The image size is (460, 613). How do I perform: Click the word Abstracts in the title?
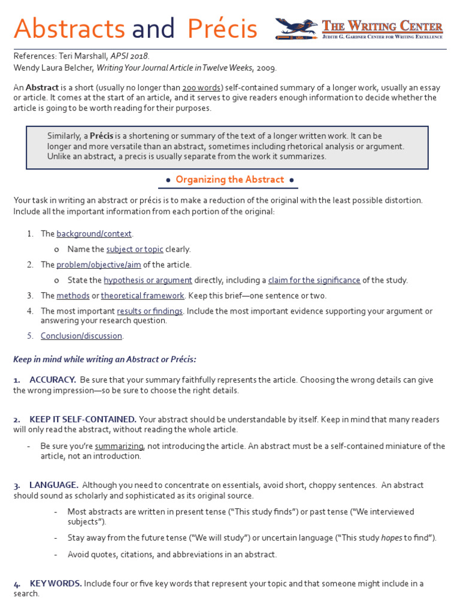tap(69, 28)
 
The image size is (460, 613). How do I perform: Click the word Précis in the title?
tap(222, 28)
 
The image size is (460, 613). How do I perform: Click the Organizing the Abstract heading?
tap(230, 180)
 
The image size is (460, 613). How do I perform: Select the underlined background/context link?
tap(94, 233)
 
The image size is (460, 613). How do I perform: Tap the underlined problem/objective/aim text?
tap(98, 265)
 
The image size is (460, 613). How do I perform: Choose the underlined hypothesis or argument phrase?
tap(148, 280)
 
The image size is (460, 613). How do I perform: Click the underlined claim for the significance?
tap(314, 280)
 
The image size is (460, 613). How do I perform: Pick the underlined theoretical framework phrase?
tap(143, 296)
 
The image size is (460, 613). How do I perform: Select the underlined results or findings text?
tap(150, 311)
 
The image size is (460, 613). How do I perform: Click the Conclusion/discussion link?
tap(81, 336)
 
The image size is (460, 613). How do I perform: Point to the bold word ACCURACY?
tap(53, 380)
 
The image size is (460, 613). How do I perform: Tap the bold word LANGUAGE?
tap(54, 485)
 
